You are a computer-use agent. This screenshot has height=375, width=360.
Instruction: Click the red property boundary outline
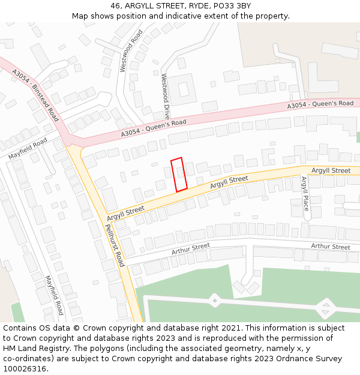pyautogui.click(x=179, y=175)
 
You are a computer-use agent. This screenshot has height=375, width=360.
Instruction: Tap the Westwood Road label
pyautogui.click(x=132, y=50)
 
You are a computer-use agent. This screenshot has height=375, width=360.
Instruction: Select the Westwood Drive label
pyautogui.click(x=166, y=96)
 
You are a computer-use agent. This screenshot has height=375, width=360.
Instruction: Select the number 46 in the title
pyautogui.click(x=116, y=6)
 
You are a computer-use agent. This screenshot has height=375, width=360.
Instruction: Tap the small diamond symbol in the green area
pyautogui.click(x=215, y=299)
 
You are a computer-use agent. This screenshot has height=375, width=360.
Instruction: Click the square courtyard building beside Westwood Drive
pyautogui.click(x=183, y=89)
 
